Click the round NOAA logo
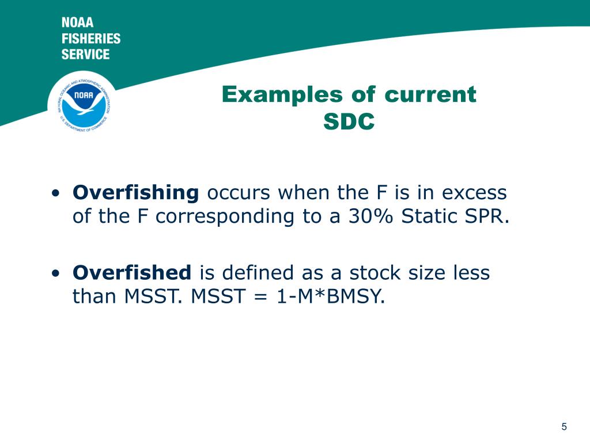(84, 103)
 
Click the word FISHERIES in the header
(91, 39)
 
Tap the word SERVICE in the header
(85, 54)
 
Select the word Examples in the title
(280, 95)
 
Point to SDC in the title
(349, 121)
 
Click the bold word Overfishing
(136, 193)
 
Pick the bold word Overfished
(132, 272)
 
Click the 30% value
(370, 216)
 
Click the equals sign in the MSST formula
(261, 297)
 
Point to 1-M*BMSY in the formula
(331, 296)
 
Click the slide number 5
(564, 426)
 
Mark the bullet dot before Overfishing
(56, 193)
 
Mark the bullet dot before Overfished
(56, 273)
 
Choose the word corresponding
(225, 217)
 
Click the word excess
(474, 193)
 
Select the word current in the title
(430, 95)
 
